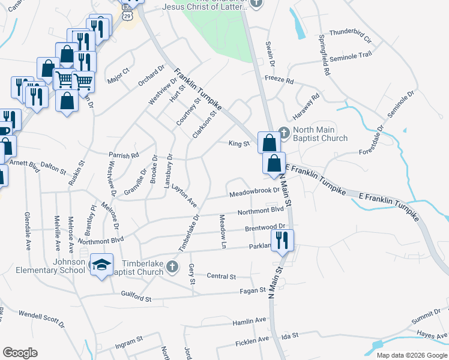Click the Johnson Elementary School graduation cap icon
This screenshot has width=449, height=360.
[x=101, y=264]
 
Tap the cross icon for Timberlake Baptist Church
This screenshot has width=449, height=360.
[x=172, y=266]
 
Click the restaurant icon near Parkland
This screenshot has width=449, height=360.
[x=282, y=240]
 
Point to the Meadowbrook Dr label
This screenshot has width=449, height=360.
[x=255, y=193]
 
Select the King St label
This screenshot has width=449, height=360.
[x=238, y=143]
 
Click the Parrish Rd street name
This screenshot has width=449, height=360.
[x=124, y=155]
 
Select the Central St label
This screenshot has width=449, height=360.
[x=221, y=277]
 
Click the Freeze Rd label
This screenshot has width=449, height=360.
[x=279, y=80]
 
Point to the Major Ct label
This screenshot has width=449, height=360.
[x=118, y=76]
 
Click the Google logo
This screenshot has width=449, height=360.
[x=20, y=353]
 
